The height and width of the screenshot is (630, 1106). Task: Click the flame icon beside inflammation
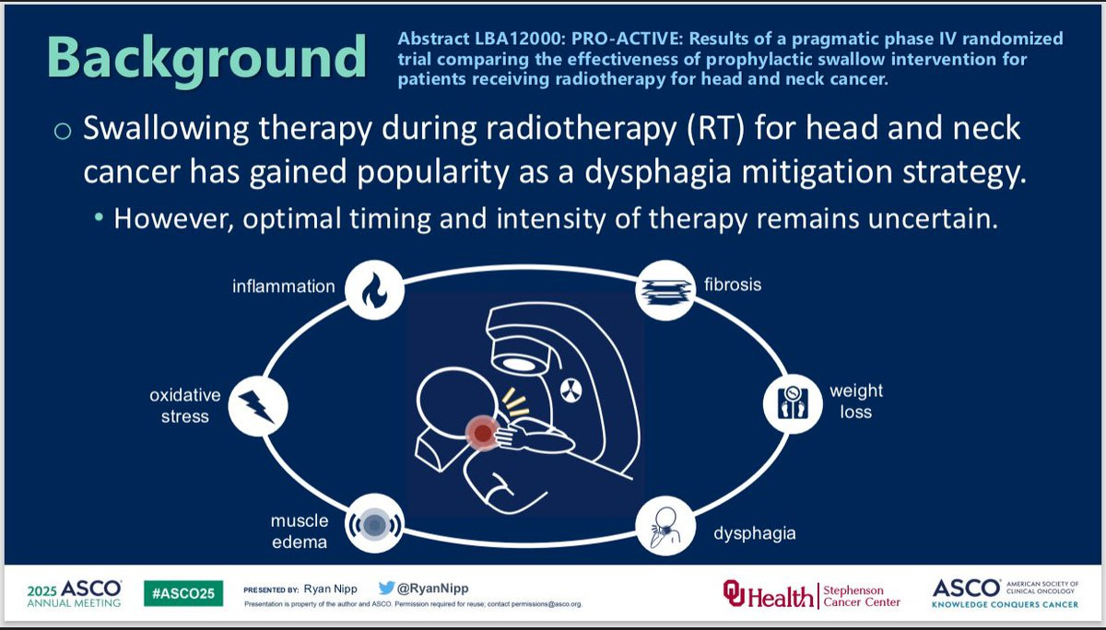pos(375,290)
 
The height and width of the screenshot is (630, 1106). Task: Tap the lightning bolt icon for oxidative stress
pos(258,406)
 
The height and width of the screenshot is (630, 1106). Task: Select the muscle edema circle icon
pos(375,524)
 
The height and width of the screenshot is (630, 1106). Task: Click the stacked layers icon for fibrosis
pos(665,290)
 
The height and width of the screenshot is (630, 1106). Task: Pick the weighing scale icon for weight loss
pos(793,404)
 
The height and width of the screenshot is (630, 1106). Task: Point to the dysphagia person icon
pos(665,526)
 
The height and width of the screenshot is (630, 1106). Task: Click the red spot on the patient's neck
pos(482,433)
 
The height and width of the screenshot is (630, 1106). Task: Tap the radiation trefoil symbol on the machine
pos(571,391)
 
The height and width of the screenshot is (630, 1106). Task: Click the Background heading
pos(206,58)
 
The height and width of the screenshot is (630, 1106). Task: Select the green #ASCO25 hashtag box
pos(183,593)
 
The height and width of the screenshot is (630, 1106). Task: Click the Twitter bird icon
pos(386,588)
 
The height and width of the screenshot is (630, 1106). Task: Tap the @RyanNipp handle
pos(433,588)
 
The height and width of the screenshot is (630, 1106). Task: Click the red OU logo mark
pos(734,593)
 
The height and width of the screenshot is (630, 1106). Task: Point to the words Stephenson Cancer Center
pos(862,596)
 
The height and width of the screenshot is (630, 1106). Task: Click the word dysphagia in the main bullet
pos(658,172)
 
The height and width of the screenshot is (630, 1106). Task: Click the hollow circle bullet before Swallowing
pos(63,131)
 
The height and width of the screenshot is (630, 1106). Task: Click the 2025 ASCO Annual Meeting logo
pos(74,593)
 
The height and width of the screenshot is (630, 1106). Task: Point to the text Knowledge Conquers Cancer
pos(1005,604)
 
